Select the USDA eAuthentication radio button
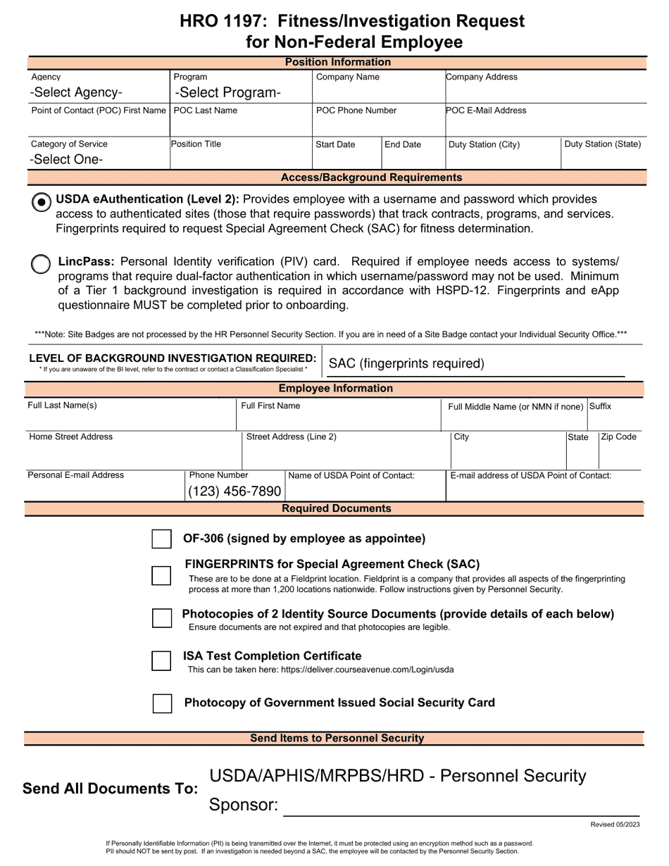click(42, 202)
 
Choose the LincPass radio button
click(42, 264)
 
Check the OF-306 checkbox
click(162, 539)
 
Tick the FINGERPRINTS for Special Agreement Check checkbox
click(162, 575)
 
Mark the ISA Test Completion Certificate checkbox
click(162, 661)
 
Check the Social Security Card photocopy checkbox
click(162, 703)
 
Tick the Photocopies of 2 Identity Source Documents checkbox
click(162, 618)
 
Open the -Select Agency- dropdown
click(76, 92)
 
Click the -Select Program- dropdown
click(227, 92)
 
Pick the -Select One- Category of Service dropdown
click(67, 159)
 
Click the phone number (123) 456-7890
click(235, 491)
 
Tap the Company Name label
click(348, 77)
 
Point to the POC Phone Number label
click(356, 111)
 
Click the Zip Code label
click(618, 437)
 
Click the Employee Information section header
click(335, 389)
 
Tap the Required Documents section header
click(336, 508)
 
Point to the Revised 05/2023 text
click(615, 824)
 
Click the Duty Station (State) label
click(603, 144)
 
